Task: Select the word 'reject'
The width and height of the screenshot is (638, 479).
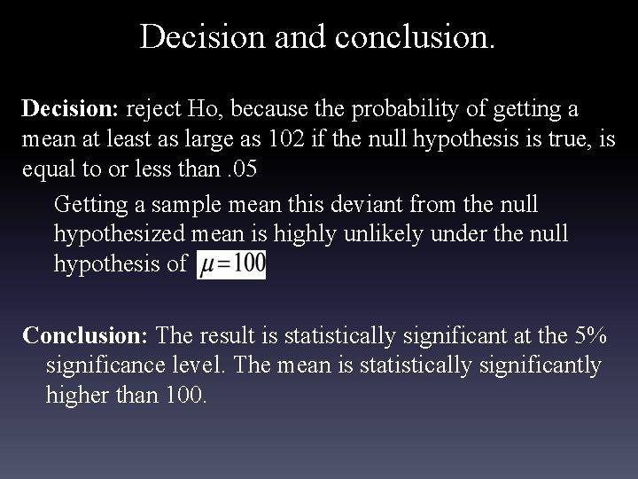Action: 154,109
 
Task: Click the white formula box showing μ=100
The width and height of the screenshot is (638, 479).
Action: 230,264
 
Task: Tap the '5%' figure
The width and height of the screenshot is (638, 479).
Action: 589,335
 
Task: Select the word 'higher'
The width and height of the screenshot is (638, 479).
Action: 75,395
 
